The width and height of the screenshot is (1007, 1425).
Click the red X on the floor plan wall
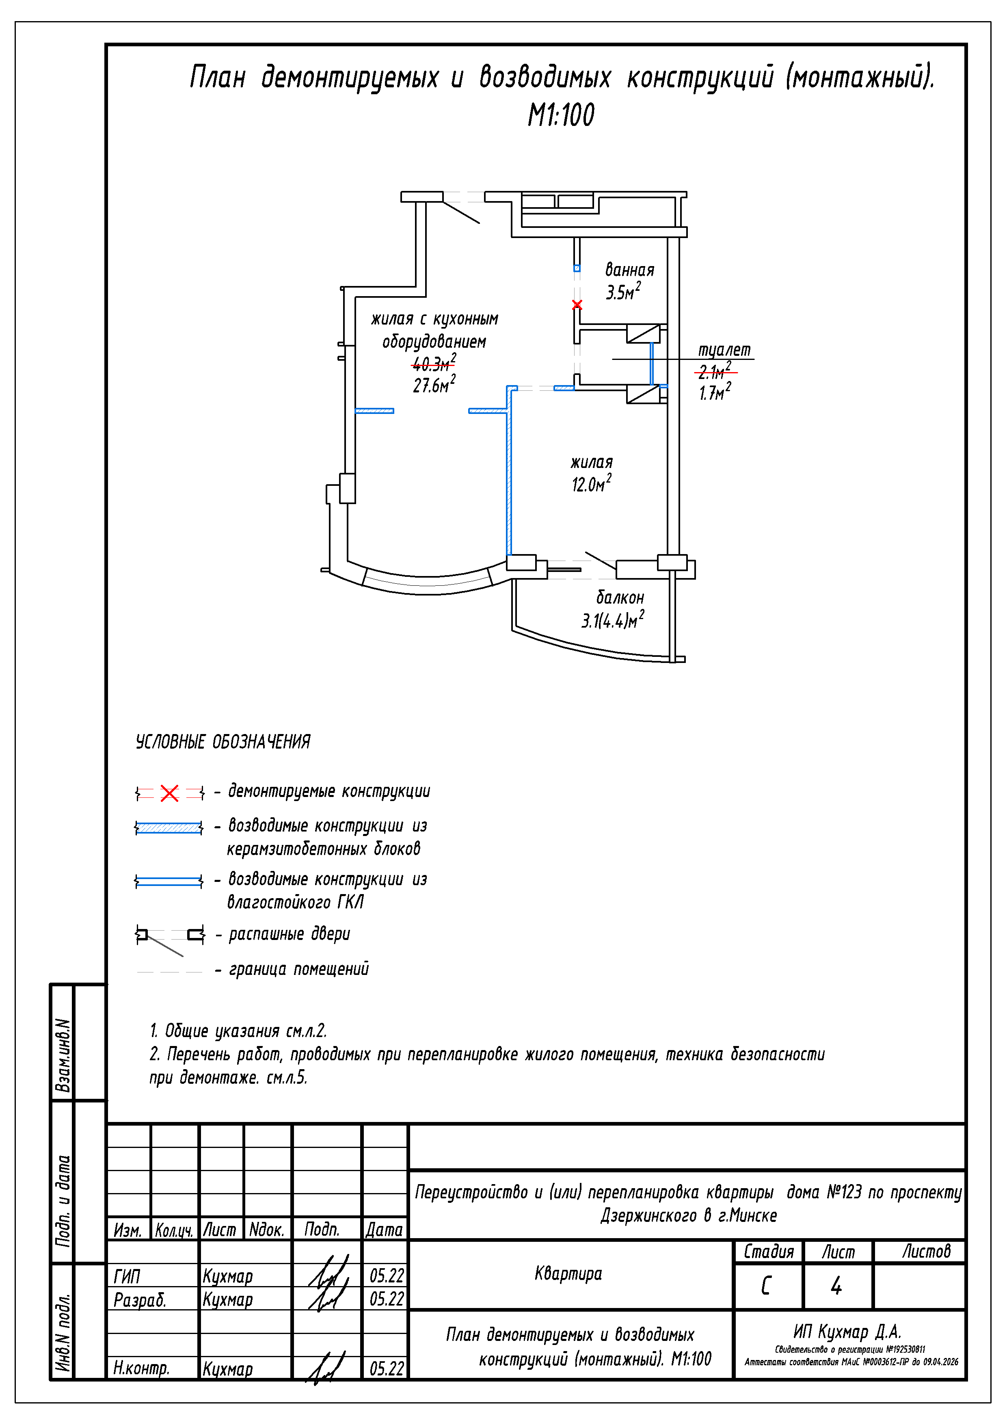point(577,305)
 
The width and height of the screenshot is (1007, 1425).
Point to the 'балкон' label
point(620,598)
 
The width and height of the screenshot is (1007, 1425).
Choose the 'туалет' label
point(724,350)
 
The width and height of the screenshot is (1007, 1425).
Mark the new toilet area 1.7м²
point(715,392)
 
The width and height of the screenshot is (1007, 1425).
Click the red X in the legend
point(169,793)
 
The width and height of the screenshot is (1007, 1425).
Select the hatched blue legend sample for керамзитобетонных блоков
point(169,828)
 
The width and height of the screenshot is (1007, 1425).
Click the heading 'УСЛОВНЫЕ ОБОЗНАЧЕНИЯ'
point(223,742)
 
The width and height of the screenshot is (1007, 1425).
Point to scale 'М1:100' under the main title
point(561,115)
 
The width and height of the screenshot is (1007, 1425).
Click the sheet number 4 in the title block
point(836,1285)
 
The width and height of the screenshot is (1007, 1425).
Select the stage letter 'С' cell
point(767,1285)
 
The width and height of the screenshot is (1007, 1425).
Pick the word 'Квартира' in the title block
point(568,1273)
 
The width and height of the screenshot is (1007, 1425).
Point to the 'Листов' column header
point(926,1251)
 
